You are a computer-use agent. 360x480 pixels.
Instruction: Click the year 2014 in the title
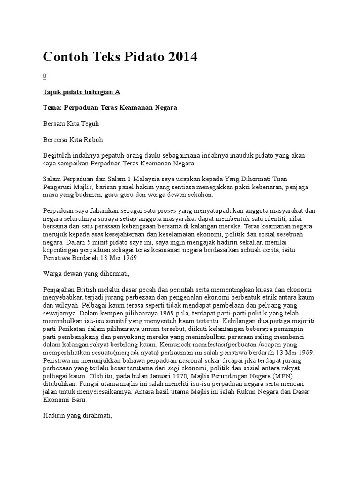[180, 57]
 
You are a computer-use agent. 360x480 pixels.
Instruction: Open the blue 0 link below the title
[45, 76]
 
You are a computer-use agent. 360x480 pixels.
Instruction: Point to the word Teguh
[89, 124]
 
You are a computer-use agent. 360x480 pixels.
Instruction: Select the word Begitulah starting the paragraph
[57, 155]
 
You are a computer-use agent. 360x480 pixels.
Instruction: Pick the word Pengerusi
[58, 187]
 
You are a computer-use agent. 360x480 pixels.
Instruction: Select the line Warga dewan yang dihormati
[86, 273]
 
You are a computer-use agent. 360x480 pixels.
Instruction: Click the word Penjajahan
[59, 289]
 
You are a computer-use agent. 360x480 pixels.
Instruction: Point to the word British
[89, 289]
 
